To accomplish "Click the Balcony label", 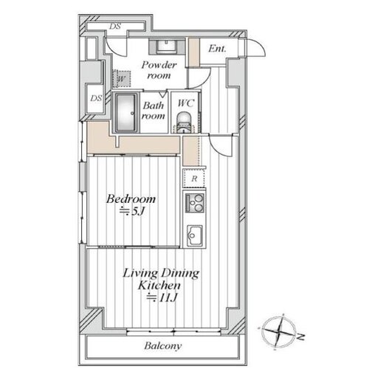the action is (x=163, y=346).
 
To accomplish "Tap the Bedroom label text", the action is (x=131, y=199).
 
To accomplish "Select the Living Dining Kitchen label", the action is (x=161, y=279).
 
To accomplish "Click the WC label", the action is (x=186, y=103).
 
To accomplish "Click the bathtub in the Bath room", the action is (x=126, y=113).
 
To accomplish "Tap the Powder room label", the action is (x=159, y=70).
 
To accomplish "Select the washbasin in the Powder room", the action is (x=167, y=46).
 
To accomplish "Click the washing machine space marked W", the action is (x=122, y=79).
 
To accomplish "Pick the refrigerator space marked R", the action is (x=194, y=178).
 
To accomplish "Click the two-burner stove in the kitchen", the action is (x=195, y=203).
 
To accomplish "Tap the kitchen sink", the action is (x=195, y=235).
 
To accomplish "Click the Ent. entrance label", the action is (x=217, y=49).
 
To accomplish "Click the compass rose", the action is (x=278, y=331).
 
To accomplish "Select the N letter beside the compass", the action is (x=300, y=337).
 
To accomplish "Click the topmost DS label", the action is (x=115, y=26).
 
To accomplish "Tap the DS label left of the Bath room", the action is (x=96, y=98).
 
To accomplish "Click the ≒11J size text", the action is (x=162, y=298).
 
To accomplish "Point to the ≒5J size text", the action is (x=131, y=211).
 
